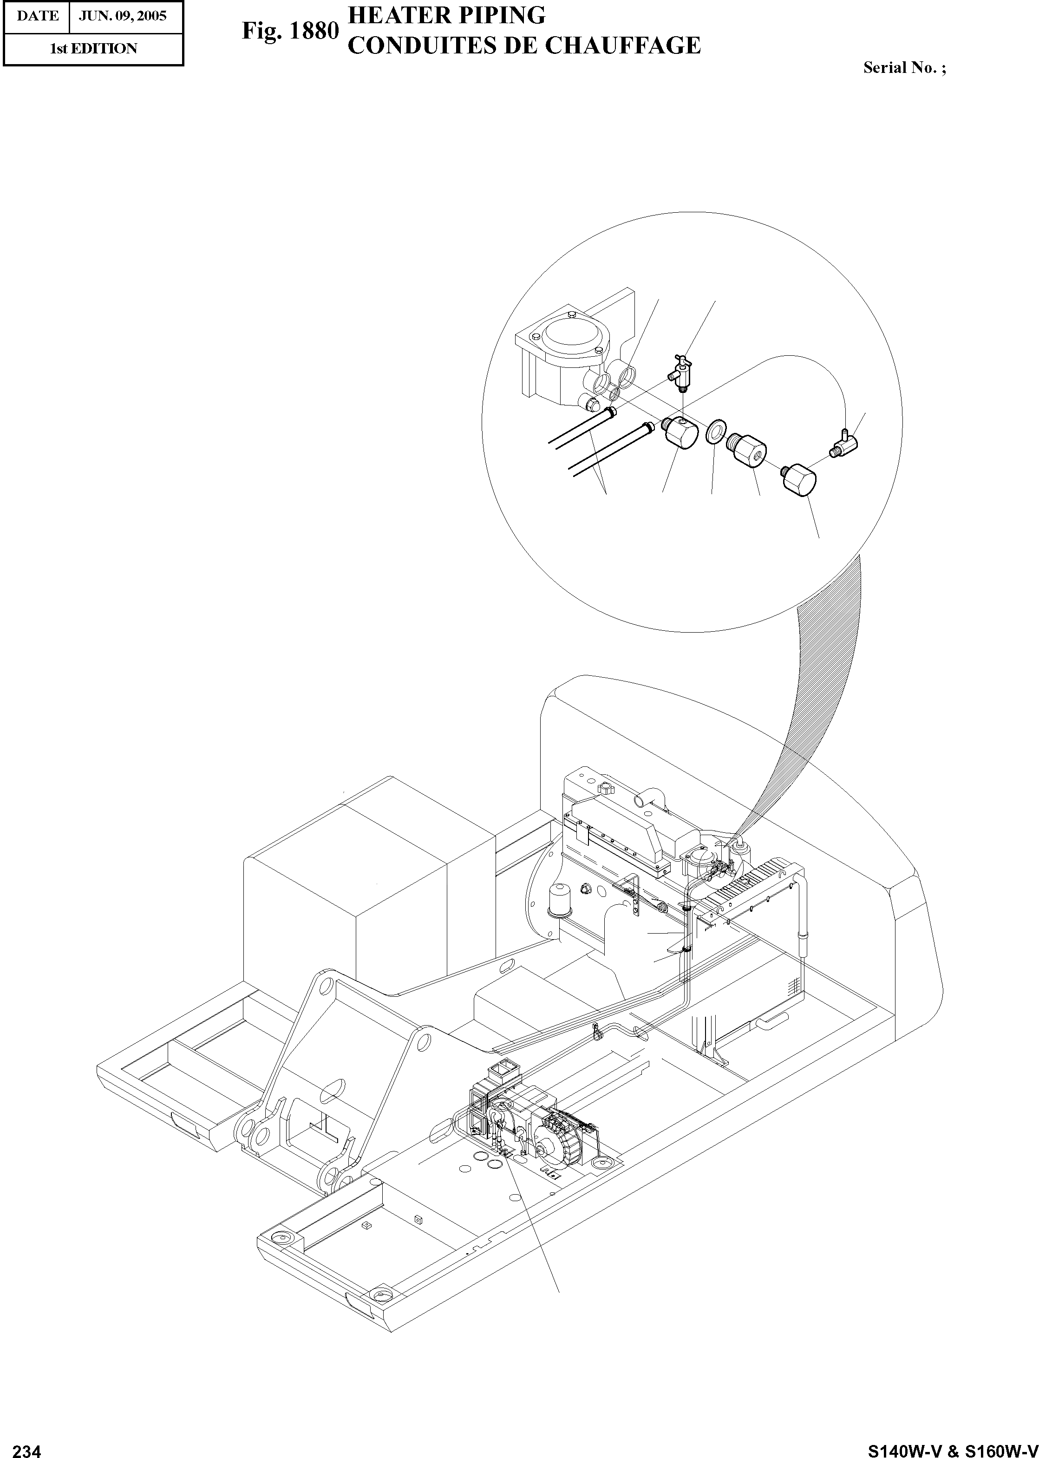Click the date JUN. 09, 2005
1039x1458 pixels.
(122, 15)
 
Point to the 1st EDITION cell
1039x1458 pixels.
(93, 49)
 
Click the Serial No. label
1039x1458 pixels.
(903, 68)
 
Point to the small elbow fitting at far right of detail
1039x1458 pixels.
(846, 441)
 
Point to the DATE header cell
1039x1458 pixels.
(37, 15)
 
